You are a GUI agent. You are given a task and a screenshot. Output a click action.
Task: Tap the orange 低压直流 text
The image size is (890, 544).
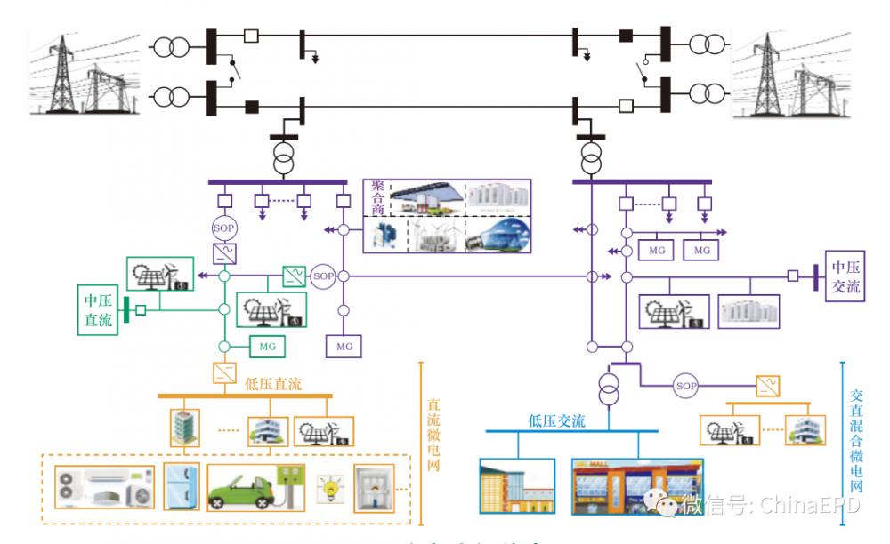coord(273,384)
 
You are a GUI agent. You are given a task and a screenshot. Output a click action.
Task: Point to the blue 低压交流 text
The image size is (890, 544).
coord(556,421)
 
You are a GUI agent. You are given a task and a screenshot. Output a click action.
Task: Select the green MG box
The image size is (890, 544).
coord(268,344)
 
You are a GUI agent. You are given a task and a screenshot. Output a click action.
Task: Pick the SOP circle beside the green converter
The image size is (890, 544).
coord(322,276)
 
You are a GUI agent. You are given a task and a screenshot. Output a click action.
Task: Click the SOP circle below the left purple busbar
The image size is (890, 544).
coord(222,228)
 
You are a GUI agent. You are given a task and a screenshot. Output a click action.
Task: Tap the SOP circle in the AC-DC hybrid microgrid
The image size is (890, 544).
coord(685,385)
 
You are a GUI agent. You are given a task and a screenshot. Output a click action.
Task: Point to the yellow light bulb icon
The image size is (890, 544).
coord(333,487)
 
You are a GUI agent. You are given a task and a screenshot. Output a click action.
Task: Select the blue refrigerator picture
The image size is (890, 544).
coord(181,487)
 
